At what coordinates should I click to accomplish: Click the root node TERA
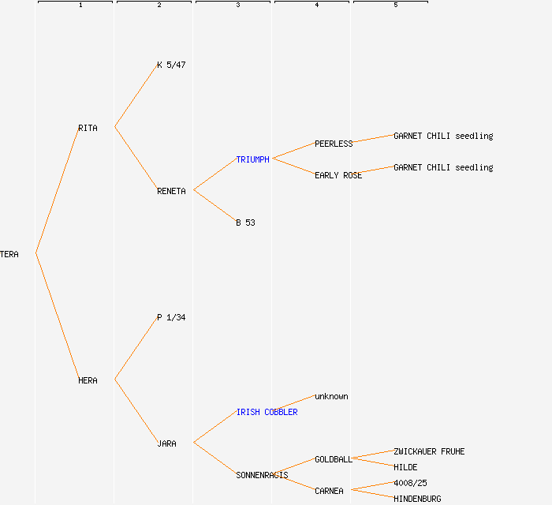(9, 254)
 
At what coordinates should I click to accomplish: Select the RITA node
(88, 128)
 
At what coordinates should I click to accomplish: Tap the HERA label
(88, 380)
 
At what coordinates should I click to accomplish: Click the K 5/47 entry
(171, 65)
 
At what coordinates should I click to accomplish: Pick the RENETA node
(171, 191)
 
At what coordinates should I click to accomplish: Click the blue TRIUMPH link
(253, 159)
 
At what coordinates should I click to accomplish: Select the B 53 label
(245, 223)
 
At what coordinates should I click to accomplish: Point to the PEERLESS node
(334, 144)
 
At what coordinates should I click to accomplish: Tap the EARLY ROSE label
(338, 175)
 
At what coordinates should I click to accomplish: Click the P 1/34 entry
(171, 318)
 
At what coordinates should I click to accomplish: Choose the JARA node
(166, 443)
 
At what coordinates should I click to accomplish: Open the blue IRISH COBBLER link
(267, 412)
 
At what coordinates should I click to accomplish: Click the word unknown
(331, 397)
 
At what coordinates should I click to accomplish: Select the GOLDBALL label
(334, 459)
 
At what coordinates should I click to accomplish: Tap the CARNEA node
(329, 491)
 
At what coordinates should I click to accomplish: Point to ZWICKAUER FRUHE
(429, 451)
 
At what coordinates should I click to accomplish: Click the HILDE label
(405, 467)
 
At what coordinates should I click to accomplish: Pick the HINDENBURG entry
(417, 499)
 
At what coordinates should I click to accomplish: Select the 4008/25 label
(410, 483)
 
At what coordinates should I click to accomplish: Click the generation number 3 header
(238, 5)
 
